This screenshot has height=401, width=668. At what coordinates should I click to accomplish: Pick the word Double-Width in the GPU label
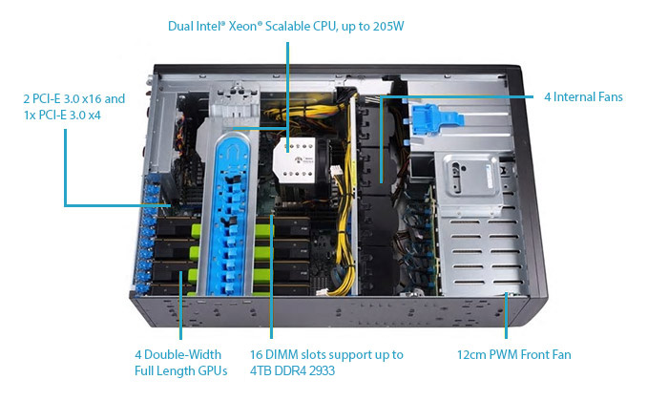(x=184, y=354)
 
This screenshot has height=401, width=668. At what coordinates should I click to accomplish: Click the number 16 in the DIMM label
(x=257, y=354)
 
